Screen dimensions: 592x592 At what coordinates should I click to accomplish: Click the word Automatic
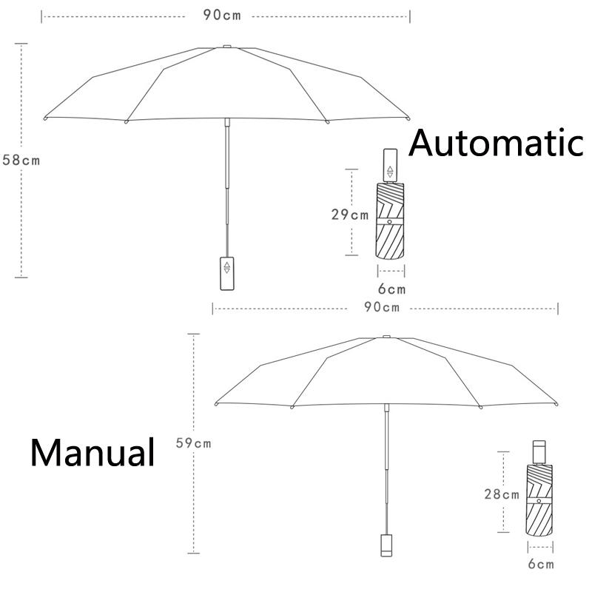(x=496, y=143)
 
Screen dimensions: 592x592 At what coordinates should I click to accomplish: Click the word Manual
(x=92, y=452)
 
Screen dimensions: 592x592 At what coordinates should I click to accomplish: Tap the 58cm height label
(x=21, y=160)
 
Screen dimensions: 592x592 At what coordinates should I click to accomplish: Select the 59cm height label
(x=193, y=443)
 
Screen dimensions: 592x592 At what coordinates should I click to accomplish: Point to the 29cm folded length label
(x=350, y=215)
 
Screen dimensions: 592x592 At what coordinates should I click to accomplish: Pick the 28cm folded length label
(x=502, y=494)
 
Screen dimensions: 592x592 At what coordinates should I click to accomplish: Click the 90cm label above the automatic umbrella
(x=222, y=15)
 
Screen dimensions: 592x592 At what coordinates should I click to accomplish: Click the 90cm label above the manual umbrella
(x=382, y=307)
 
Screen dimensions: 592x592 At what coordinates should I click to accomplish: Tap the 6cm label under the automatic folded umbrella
(x=392, y=289)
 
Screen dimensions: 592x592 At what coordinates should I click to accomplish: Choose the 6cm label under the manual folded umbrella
(x=541, y=564)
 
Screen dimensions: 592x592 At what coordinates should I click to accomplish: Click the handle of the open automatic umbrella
(x=227, y=273)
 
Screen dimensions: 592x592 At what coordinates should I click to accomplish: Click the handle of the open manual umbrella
(x=386, y=545)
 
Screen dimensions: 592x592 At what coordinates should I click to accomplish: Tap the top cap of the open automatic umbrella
(x=227, y=47)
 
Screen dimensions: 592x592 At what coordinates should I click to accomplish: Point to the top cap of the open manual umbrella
(x=386, y=337)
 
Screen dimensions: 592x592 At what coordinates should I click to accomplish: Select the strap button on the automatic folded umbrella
(x=390, y=221)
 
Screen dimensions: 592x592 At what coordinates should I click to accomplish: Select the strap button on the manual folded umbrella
(x=539, y=501)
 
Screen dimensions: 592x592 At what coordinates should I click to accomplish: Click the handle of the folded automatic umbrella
(x=390, y=166)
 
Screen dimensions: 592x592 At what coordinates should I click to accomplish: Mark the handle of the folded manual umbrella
(x=539, y=452)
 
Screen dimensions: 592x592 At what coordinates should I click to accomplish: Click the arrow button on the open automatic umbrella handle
(x=227, y=268)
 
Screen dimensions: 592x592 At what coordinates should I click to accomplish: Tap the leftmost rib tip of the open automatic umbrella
(x=46, y=118)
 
